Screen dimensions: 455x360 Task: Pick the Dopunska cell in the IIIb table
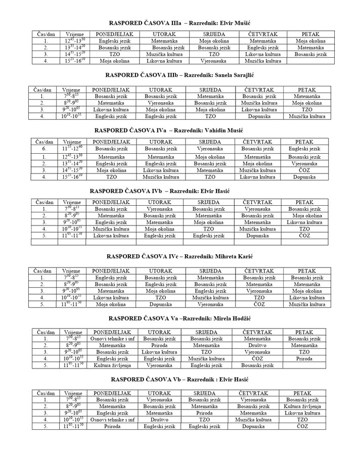[260, 116]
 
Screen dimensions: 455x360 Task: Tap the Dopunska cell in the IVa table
[304, 177]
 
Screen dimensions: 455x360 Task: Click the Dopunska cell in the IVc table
[160, 305]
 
